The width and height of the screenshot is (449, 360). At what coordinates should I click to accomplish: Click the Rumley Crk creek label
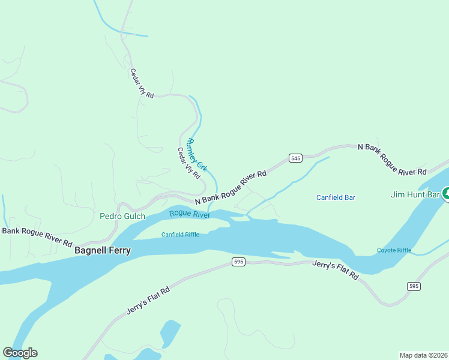click(197, 155)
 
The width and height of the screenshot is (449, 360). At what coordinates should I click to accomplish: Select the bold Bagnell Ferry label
click(103, 250)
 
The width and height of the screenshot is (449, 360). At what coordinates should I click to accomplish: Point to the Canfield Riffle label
click(180, 235)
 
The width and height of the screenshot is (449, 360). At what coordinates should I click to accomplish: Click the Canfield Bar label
click(336, 197)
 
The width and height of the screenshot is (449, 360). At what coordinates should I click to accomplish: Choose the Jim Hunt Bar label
click(415, 194)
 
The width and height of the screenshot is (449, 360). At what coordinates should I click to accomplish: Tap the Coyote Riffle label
click(394, 250)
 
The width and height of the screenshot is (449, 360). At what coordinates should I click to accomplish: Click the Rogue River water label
click(190, 214)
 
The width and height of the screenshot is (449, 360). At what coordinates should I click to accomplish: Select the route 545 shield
click(295, 158)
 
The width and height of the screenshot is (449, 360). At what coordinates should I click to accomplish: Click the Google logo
click(20, 353)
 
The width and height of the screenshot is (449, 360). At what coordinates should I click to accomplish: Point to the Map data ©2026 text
click(423, 355)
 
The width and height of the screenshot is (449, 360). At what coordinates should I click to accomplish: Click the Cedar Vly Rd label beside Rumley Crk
click(188, 163)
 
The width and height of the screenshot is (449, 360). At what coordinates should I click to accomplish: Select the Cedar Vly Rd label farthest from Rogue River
click(142, 83)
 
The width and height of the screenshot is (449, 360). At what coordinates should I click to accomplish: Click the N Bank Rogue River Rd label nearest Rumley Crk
click(231, 188)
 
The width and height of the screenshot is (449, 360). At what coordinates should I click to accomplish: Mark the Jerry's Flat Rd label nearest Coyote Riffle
click(336, 271)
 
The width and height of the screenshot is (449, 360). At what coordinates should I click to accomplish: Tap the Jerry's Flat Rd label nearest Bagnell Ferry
click(149, 301)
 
